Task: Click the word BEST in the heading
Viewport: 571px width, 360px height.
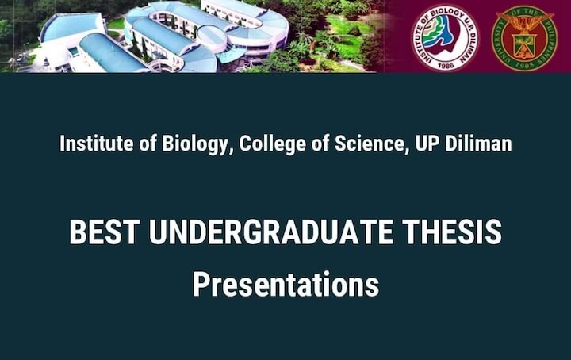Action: pos(105,232)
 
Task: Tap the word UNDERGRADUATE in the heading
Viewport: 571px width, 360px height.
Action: pos(271,232)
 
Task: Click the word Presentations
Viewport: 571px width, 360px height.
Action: pos(285,285)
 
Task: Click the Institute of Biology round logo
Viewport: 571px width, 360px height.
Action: pos(445,38)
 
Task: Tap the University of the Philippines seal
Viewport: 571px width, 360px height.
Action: pos(524,38)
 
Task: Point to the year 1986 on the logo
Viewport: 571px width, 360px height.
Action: pos(446,64)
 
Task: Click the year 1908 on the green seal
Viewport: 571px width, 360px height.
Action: pos(524,65)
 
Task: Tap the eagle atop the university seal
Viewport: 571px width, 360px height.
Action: pos(524,24)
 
